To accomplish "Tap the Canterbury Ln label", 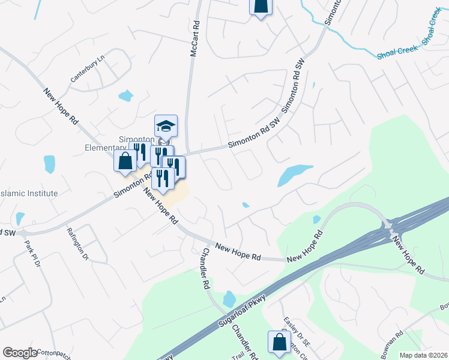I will point(88,68).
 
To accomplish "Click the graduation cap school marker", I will point(166,126).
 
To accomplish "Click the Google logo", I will point(20,353).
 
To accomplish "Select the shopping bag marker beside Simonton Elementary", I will point(125,161).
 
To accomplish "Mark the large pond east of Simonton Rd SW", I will point(294,175).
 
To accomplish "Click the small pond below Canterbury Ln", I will point(125,95).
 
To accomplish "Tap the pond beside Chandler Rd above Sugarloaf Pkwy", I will point(229,298).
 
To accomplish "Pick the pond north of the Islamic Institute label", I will point(49,164).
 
